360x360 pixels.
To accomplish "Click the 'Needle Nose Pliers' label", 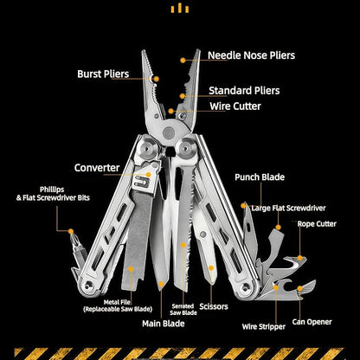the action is click(251, 55).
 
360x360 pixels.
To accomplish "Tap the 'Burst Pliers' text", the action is click(103, 74).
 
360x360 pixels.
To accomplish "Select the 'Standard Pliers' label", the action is click(244, 90).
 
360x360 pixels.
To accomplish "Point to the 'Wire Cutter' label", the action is click(235, 106).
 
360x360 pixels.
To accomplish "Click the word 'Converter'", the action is click(97, 168).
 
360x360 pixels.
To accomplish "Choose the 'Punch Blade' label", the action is click(260, 177).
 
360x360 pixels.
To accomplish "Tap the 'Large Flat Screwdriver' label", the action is click(288, 208).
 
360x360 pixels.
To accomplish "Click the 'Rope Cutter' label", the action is click(317, 224).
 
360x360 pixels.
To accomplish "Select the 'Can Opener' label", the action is click(312, 322).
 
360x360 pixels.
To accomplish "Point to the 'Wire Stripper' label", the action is click(264, 326).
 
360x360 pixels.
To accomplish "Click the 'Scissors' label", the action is click(214, 306).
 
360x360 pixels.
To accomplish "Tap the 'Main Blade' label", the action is click(164, 324).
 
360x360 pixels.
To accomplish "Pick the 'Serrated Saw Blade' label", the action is click(183, 310).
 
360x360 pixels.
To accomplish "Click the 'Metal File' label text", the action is click(117, 302).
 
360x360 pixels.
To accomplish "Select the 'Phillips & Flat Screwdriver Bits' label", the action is click(53, 194).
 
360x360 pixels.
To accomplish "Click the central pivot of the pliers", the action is click(169, 132).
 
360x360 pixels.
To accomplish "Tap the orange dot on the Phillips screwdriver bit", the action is click(71, 231).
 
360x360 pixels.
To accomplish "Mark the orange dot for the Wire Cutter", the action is click(171, 111).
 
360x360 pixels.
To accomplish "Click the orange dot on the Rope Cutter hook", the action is click(300, 258).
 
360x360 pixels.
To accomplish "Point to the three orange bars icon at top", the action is click(180, 8).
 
